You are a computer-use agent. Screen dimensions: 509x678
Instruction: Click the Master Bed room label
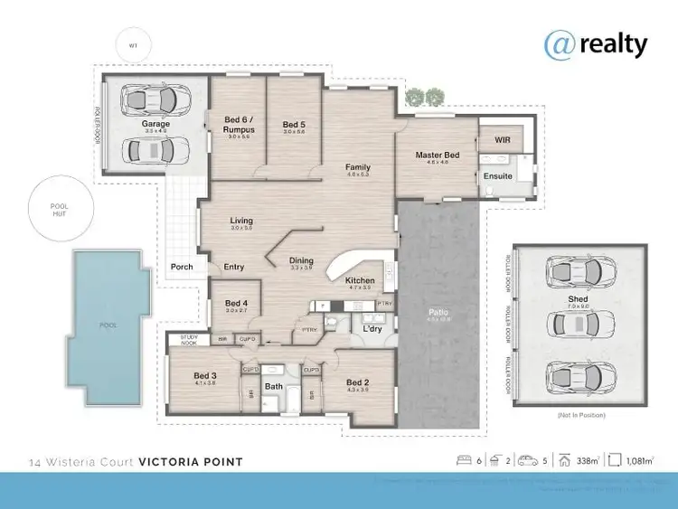[x=438, y=156]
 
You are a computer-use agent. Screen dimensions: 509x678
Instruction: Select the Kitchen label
[x=360, y=281]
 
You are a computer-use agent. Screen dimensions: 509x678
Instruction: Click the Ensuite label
[x=498, y=176]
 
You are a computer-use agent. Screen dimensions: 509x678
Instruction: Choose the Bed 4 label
[x=236, y=303]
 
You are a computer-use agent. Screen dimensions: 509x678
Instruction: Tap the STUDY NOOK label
[x=188, y=339]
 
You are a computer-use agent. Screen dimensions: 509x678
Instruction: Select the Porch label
[x=182, y=267]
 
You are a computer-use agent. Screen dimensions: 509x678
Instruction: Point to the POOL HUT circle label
[x=59, y=210]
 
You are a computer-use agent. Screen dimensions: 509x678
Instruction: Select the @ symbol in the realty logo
[x=558, y=42]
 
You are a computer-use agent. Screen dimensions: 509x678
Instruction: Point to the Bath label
[x=273, y=387]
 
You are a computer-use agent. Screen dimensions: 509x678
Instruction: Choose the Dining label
[x=301, y=261]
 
